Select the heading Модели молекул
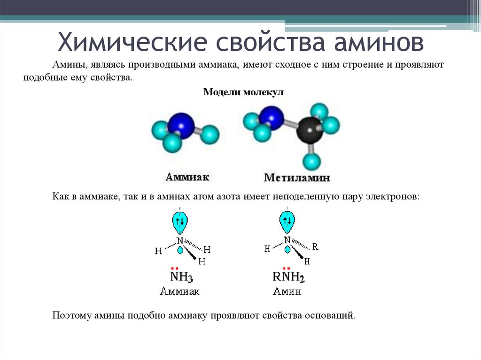point(243,92)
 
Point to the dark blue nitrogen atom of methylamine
point(272,118)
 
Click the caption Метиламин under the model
point(297,178)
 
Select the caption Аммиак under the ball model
point(187,177)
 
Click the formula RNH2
point(288,276)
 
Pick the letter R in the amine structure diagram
point(315,246)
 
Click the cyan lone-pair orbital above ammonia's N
point(180,222)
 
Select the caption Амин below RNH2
point(287,291)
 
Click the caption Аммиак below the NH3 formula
point(180,291)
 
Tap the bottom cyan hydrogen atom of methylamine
point(311,161)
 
